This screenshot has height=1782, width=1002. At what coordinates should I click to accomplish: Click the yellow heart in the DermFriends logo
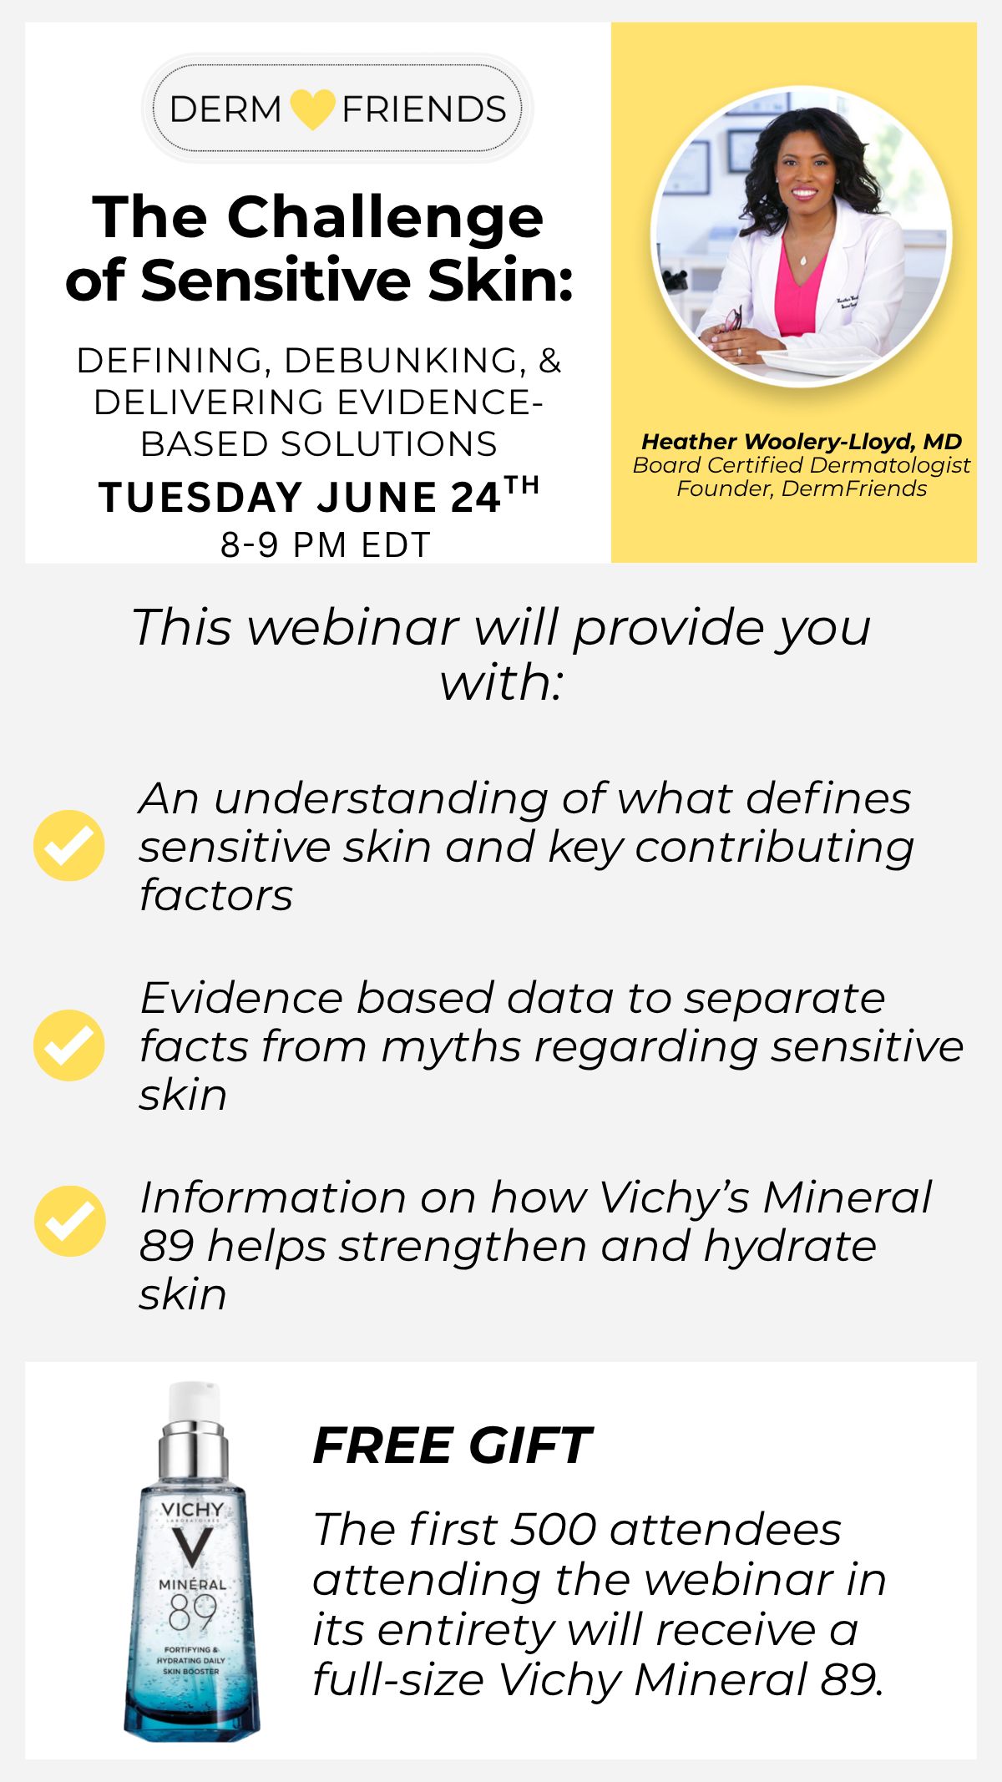tap(312, 109)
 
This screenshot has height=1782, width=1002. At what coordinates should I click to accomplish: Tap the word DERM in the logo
tap(225, 109)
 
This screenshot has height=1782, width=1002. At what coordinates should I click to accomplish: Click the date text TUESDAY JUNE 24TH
tap(319, 496)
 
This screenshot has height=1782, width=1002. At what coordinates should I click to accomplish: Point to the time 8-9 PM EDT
tap(326, 545)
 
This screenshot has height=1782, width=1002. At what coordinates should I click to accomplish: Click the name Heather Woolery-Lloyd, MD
tap(802, 442)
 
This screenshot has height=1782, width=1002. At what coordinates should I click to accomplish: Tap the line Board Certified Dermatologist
tap(802, 465)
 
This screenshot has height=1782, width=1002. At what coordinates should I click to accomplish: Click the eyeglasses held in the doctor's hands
tap(731, 321)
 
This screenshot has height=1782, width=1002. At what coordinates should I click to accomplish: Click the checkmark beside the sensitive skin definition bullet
tap(69, 845)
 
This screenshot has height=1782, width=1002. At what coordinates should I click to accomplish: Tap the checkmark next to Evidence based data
tap(69, 1045)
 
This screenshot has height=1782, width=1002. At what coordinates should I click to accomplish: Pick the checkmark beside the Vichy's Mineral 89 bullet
tap(70, 1221)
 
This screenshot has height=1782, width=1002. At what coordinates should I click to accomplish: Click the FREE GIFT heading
tap(452, 1446)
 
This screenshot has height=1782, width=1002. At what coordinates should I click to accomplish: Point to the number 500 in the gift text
tap(552, 1530)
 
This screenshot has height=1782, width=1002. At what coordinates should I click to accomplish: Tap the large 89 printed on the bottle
tap(192, 1612)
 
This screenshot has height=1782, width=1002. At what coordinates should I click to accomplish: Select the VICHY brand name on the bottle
tap(192, 1510)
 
